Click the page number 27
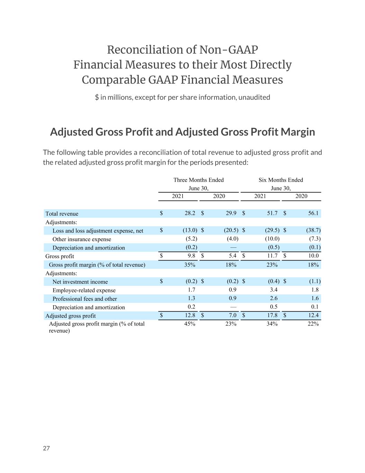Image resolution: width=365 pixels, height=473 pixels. [46, 448]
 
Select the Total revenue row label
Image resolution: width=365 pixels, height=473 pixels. [62, 213]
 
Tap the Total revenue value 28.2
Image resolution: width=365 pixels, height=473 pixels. [190, 213]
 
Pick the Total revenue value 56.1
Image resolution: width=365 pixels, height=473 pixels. [313, 213]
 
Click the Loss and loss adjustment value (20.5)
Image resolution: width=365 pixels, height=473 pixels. [231, 230]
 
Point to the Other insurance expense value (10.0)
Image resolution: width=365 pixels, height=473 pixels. [272, 238]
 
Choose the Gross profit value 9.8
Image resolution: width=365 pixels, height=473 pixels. [191, 255]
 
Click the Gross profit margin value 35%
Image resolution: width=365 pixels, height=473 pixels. [190, 265]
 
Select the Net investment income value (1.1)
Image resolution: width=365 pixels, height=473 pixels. [315, 281]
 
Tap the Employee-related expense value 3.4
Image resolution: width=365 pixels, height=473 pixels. [274, 290]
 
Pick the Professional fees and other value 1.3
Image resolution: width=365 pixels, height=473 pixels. [191, 298]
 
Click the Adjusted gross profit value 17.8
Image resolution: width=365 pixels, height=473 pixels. [272, 315]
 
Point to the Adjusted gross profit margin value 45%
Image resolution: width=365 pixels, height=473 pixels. [190, 324]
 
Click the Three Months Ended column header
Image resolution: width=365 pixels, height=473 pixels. [199, 180]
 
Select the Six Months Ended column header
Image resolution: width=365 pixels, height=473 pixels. [281, 180]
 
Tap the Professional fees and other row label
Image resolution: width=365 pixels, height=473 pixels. [85, 299]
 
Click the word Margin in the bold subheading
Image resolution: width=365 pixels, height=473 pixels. [298, 132]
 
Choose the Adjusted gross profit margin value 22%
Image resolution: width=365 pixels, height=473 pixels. [313, 324]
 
